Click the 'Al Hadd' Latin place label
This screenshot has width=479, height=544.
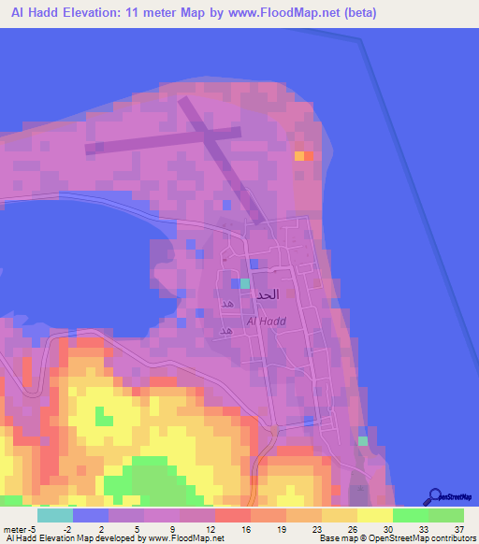(x=266, y=322)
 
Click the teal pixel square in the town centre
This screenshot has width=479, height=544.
(x=245, y=282)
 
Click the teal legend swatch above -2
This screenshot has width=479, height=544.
(x=54, y=515)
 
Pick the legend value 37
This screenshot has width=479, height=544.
(x=457, y=528)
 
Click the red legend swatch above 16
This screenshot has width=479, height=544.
(x=232, y=515)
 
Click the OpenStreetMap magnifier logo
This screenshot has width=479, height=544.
(x=435, y=496)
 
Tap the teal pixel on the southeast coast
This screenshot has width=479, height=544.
(x=363, y=441)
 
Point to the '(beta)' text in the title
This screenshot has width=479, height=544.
(x=356, y=12)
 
